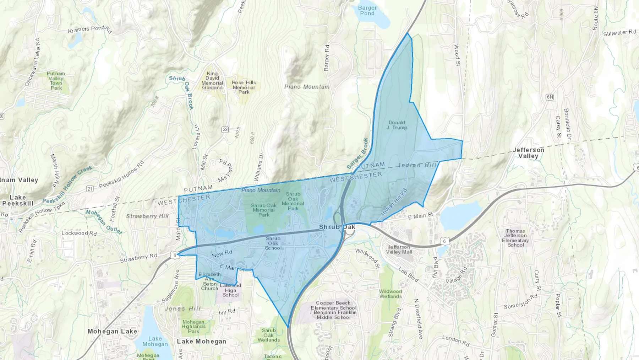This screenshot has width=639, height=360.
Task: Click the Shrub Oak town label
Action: pyautogui.click(x=337, y=227)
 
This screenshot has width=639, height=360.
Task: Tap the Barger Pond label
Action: pyautogui.click(x=367, y=10)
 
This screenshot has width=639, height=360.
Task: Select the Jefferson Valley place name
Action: pyautogui.click(x=528, y=153)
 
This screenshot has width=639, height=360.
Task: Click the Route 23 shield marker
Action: pyautogui.click(x=225, y=129)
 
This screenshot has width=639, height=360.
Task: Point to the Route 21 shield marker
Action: pyautogui.click(x=90, y=189)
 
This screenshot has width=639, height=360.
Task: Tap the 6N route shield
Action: pyautogui.click(x=550, y=97)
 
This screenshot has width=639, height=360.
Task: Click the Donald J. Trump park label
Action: pyautogui.click(x=397, y=125)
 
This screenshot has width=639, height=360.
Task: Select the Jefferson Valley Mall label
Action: pyautogui.click(x=399, y=249)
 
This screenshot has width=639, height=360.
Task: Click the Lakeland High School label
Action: pyautogui.click(x=230, y=290)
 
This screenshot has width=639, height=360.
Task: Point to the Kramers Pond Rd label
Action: pyautogui.click(x=90, y=29)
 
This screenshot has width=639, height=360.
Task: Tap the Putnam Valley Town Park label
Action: pyautogui.click(x=56, y=81)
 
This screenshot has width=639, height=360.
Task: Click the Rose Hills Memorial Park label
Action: pyautogui.click(x=244, y=87)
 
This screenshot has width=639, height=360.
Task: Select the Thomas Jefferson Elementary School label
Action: pyautogui.click(x=515, y=238)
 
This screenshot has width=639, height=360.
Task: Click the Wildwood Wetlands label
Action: pyautogui.click(x=390, y=294)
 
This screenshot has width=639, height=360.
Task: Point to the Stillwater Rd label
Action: pyautogui.click(x=619, y=33)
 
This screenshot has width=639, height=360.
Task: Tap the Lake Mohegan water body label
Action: pyautogui.click(x=155, y=341)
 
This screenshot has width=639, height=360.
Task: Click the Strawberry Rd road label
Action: pyautogui.click(x=138, y=258)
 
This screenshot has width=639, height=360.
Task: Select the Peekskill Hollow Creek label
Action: pyautogui.click(x=67, y=184)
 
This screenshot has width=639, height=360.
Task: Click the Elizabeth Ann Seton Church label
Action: pyautogui.click(x=209, y=281)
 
